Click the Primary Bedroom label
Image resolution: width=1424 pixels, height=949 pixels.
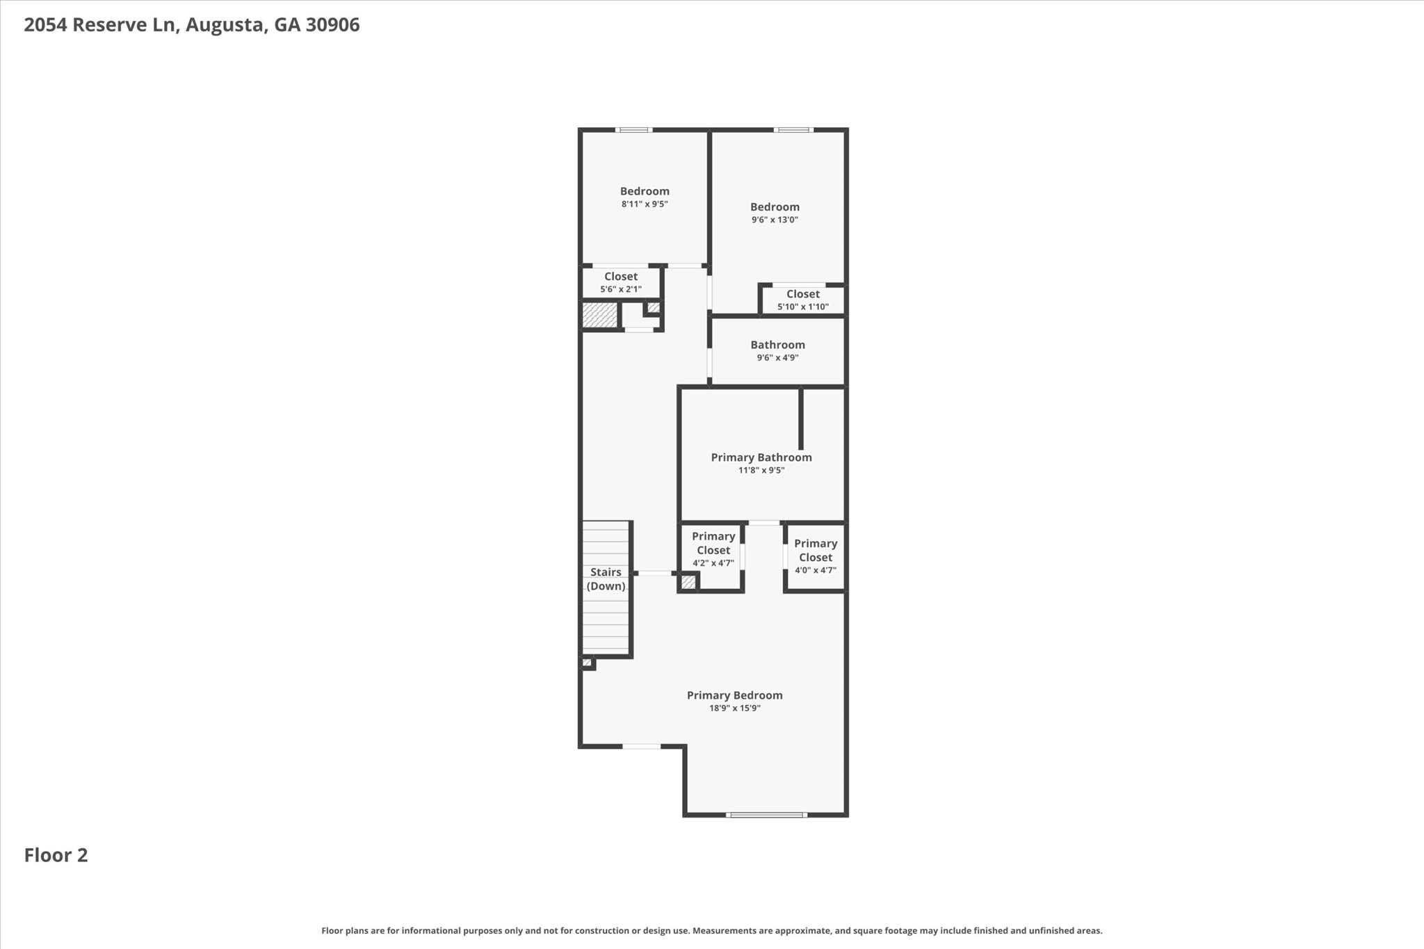734,695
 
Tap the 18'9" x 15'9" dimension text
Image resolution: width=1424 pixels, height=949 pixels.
734,708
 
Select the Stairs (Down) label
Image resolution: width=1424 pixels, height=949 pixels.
606,579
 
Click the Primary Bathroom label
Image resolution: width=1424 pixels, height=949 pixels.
761,457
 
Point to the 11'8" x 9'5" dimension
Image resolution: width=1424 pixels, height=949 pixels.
761,471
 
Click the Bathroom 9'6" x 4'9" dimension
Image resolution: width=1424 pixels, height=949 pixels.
777,358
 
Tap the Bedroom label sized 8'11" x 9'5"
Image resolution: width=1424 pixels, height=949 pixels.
645,191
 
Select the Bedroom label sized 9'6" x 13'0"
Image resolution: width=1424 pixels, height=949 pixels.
775,207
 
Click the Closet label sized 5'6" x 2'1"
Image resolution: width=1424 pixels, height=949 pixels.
620,277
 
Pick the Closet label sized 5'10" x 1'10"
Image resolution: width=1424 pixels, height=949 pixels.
803,294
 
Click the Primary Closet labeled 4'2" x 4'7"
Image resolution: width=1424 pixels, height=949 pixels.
713,543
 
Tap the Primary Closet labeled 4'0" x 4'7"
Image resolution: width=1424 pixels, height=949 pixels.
816,550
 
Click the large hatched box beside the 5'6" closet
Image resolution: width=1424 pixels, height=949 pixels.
600,314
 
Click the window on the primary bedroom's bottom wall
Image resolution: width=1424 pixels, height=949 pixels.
766,815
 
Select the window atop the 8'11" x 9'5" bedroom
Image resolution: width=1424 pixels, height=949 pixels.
633,130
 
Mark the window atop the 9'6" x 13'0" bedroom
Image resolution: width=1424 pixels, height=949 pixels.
793,130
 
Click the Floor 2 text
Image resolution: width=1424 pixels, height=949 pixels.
56,855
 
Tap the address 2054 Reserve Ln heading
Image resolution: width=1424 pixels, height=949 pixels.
191,25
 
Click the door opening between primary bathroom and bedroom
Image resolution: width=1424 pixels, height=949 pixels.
763,523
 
